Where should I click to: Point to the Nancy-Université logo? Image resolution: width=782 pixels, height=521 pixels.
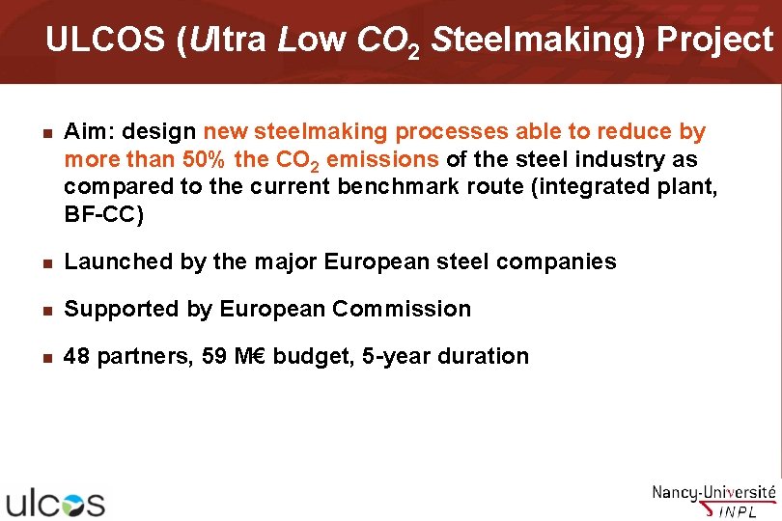(713, 499)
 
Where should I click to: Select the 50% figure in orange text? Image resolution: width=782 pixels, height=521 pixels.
(205, 158)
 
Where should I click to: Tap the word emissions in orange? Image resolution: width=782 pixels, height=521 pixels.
(382, 158)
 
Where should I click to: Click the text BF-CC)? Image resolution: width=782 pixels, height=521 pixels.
(103, 213)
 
